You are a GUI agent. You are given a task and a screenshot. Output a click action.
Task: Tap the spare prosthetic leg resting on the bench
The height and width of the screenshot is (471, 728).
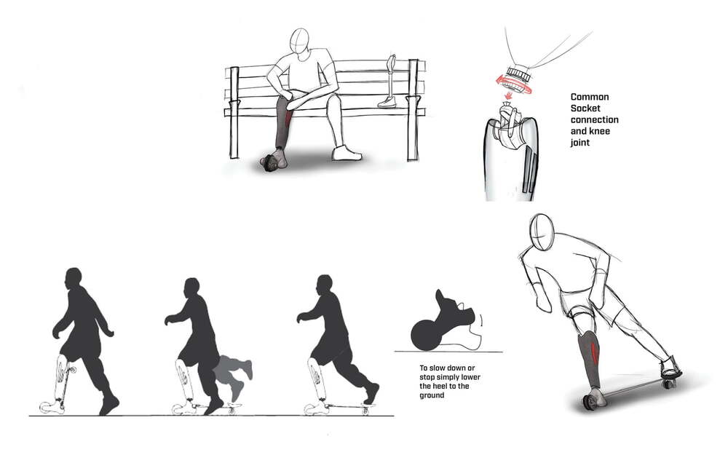pos(389,82)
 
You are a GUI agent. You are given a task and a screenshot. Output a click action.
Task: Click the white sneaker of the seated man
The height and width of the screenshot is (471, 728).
pos(347,153)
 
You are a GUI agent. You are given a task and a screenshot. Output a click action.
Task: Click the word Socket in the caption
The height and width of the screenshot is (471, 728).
pos(585,108)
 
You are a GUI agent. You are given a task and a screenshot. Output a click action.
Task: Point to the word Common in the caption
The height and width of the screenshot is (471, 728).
pos(589,97)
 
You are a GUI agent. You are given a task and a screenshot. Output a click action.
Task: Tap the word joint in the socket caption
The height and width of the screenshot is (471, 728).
pos(580,142)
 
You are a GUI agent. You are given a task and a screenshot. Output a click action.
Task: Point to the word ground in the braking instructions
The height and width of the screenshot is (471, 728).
pos(432,395)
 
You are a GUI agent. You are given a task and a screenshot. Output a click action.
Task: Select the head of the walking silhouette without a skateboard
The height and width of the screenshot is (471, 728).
pos(74,279)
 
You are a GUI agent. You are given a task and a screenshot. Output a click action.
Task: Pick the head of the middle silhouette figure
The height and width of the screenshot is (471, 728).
pos(191,288)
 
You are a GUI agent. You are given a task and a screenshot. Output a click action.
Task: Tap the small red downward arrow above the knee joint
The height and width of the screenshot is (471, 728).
pos(508,95)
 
